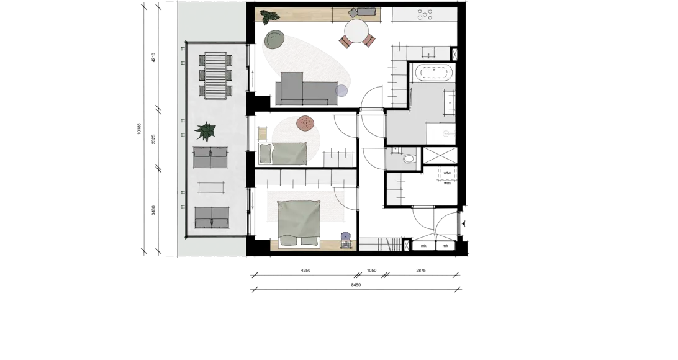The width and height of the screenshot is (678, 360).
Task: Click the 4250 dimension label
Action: click(x=305, y=271)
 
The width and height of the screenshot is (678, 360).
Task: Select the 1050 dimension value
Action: click(x=371, y=271)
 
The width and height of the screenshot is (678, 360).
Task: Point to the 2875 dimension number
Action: click(x=421, y=271)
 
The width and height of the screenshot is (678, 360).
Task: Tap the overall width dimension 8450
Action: click(x=356, y=285)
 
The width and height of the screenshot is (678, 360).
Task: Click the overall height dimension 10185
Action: click(x=139, y=128)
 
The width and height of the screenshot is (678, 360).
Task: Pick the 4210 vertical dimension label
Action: click(x=153, y=58)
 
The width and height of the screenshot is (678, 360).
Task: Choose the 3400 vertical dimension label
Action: click(x=153, y=210)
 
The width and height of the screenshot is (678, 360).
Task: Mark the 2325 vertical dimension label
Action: click(x=153, y=140)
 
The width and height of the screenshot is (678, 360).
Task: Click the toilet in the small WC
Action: click(x=409, y=159)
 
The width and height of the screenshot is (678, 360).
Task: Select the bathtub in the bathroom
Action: click(x=435, y=73)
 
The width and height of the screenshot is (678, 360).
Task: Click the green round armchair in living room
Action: click(x=274, y=39)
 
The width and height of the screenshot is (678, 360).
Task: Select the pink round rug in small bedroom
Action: click(x=305, y=124)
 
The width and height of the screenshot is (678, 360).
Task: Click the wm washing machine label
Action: click(x=447, y=183)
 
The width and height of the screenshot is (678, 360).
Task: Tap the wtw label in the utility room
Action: click(x=447, y=173)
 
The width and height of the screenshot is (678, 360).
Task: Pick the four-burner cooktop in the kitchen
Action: click(x=425, y=15)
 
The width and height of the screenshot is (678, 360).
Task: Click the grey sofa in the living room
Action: click(x=306, y=89)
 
